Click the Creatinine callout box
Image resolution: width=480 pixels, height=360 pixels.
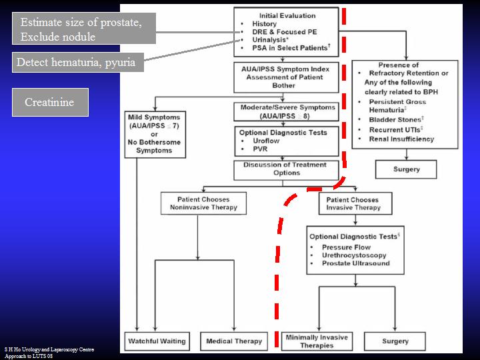click(50, 102)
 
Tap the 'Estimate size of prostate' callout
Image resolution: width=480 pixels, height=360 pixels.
click(84, 29)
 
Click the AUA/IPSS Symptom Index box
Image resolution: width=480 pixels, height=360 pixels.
click(286, 78)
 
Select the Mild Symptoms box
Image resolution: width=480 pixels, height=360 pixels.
click(154, 134)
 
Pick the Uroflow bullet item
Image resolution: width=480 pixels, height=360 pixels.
click(265, 141)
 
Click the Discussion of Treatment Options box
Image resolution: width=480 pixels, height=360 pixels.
click(285, 169)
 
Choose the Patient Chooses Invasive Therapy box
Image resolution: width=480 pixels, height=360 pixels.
click(354, 203)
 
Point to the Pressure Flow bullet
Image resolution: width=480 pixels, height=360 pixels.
click(346, 247)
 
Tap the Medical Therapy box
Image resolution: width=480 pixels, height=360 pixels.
click(233, 341)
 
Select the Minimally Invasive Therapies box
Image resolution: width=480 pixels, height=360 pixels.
click(317, 341)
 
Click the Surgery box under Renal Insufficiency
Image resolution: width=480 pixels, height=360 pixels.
click(406, 169)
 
